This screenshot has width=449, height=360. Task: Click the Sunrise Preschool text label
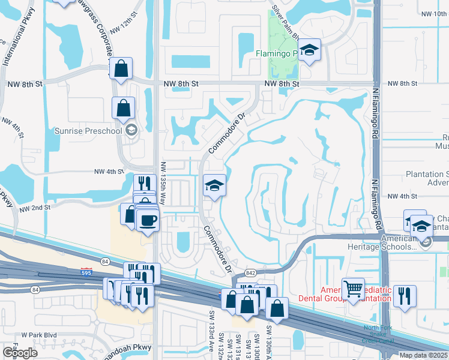click(x=89, y=130)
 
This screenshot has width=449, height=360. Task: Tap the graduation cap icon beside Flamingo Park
click(x=309, y=50)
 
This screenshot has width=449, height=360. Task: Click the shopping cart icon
click(x=352, y=290)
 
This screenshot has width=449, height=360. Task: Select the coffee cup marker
click(x=148, y=221)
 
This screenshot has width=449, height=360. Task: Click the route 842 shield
click(x=250, y=273)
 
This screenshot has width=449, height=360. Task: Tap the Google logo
click(x=20, y=352)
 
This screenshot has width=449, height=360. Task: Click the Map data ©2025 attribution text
click(x=423, y=355)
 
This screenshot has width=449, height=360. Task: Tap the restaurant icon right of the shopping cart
click(x=405, y=296)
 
